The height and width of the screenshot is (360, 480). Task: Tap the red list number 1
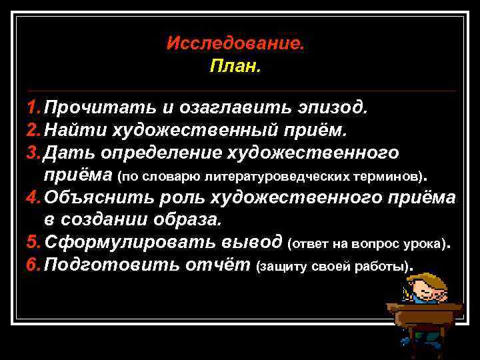coord(33,107)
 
